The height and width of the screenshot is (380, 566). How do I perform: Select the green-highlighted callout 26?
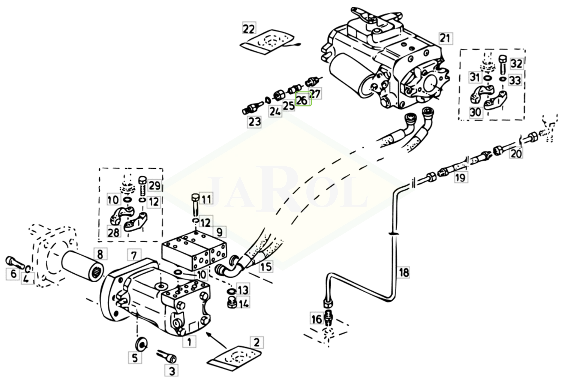pyautogui.click(x=302, y=99)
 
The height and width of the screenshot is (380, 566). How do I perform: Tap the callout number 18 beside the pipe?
pyautogui.click(x=404, y=272)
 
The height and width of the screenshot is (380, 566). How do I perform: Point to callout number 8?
pyautogui.click(x=100, y=255)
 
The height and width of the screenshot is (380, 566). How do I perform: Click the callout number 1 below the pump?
pyautogui.click(x=189, y=342)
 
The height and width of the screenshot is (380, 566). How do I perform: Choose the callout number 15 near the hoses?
pyautogui.click(x=266, y=267)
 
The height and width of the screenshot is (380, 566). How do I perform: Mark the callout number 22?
pyautogui.click(x=249, y=28)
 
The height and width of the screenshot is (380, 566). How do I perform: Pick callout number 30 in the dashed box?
pyautogui.click(x=475, y=112)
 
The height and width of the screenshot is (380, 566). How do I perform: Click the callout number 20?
pyautogui.click(x=516, y=153)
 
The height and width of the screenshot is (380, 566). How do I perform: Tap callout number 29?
pyautogui.click(x=155, y=186)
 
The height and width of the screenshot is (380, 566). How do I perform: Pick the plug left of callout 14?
pyautogui.click(x=231, y=304)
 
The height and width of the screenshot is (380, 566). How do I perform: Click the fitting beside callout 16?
pyautogui.click(x=328, y=316)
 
